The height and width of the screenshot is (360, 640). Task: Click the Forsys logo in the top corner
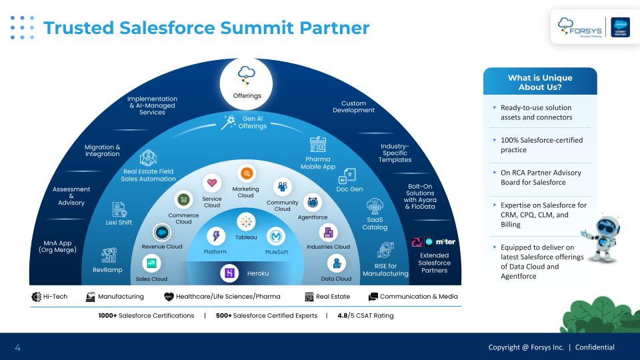click(580, 27)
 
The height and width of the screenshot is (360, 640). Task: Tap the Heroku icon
click(229, 273)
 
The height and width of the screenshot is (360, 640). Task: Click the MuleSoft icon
click(276, 236)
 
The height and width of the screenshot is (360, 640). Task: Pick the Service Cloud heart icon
click(212, 183)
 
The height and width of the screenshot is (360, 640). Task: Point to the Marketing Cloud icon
click(246, 173)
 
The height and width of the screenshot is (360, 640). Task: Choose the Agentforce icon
click(312, 202)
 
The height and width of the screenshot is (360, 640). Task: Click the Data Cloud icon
click(336, 263)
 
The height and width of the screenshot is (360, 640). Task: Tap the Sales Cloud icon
click(151, 263)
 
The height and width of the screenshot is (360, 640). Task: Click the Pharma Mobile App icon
click(318, 145)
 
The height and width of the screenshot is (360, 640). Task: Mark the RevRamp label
click(107, 270)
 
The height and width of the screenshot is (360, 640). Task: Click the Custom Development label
click(353, 107)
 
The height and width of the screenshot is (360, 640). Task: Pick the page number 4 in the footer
click(17, 347)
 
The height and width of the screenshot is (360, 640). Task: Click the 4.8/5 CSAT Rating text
click(365, 315)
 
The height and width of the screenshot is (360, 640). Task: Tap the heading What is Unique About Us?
click(540, 82)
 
